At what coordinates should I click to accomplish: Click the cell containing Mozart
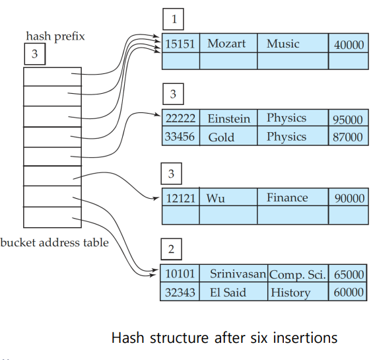(228, 43)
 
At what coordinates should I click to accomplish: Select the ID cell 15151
(181, 43)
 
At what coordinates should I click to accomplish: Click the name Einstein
(229, 119)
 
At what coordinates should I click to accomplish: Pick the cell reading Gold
(228, 136)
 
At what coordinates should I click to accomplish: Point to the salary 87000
(348, 137)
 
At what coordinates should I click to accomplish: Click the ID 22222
(180, 118)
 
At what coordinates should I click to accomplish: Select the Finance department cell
(293, 197)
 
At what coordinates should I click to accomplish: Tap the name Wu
(215, 198)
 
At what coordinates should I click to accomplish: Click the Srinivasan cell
(234, 273)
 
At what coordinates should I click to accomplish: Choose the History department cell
(298, 291)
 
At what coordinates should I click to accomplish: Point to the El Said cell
(234, 291)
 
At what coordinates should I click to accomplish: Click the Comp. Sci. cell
(298, 273)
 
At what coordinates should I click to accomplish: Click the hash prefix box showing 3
(35, 54)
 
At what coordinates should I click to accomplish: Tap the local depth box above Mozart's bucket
(174, 19)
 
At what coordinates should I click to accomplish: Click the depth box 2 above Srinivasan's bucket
(171, 249)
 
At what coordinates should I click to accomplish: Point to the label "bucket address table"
(55, 242)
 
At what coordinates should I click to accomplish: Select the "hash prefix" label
(55, 36)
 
